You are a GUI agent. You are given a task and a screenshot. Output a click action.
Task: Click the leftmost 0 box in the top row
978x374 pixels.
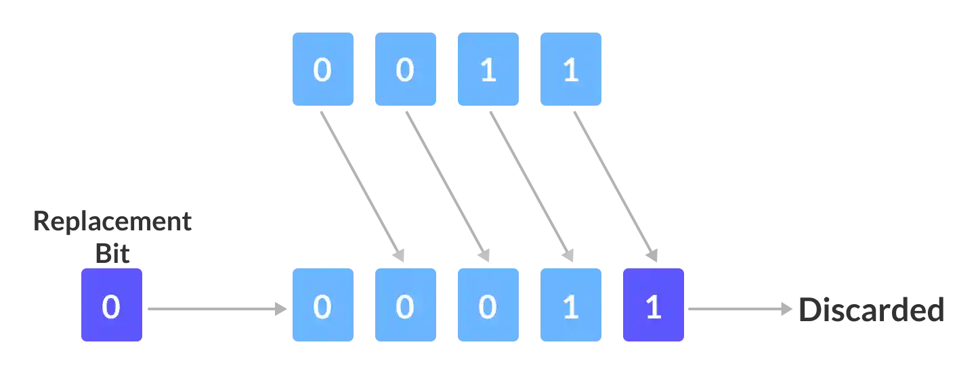pos(324,70)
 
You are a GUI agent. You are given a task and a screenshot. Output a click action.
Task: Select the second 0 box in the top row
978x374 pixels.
pos(406,70)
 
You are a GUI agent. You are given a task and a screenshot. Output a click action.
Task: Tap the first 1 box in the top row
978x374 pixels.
pos(488,70)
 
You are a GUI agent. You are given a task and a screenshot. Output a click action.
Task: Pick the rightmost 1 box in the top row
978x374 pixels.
pos(569,70)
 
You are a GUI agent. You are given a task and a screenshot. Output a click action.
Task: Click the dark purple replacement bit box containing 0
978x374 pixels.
pos(112,304)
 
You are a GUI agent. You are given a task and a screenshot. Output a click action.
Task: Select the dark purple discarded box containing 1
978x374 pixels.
pos(654,304)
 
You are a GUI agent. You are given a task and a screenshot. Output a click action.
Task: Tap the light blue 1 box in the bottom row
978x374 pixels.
pos(569,304)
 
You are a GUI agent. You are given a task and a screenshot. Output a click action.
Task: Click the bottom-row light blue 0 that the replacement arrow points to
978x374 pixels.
pos(324,304)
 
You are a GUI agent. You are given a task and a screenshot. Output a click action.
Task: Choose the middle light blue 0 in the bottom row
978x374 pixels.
pos(406,304)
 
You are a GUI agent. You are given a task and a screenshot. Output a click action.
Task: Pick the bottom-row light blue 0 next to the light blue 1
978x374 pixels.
pos(488,304)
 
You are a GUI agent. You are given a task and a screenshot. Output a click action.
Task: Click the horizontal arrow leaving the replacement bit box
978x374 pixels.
pos(210,310)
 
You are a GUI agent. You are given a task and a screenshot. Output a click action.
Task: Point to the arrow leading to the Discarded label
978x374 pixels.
pos(738,310)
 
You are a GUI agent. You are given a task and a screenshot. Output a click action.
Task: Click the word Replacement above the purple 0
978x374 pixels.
pos(113,221)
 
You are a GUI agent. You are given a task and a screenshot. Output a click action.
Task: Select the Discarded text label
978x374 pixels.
pos(872,310)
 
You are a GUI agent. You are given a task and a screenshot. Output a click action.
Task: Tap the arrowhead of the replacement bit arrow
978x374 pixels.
pos(278,310)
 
